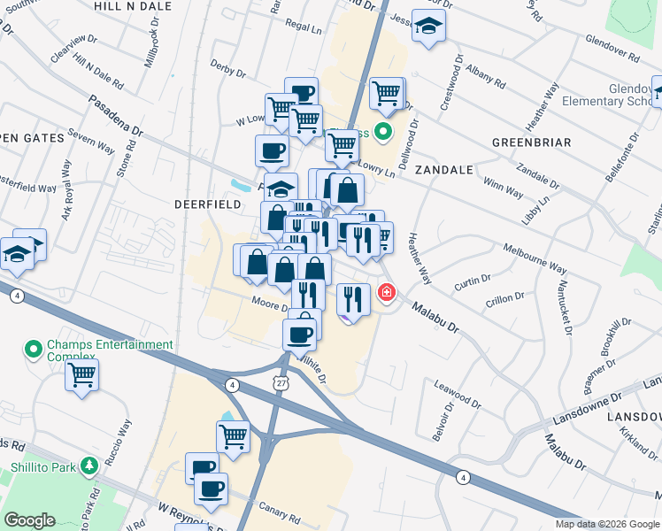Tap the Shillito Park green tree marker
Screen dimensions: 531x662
[89, 466]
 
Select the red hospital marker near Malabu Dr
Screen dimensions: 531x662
[387, 292]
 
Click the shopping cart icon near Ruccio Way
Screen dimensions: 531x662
[81, 374]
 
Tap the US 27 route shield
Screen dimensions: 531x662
[281, 382]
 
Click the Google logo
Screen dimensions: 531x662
[29, 520]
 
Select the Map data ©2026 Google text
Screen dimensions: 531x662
[607, 524]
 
